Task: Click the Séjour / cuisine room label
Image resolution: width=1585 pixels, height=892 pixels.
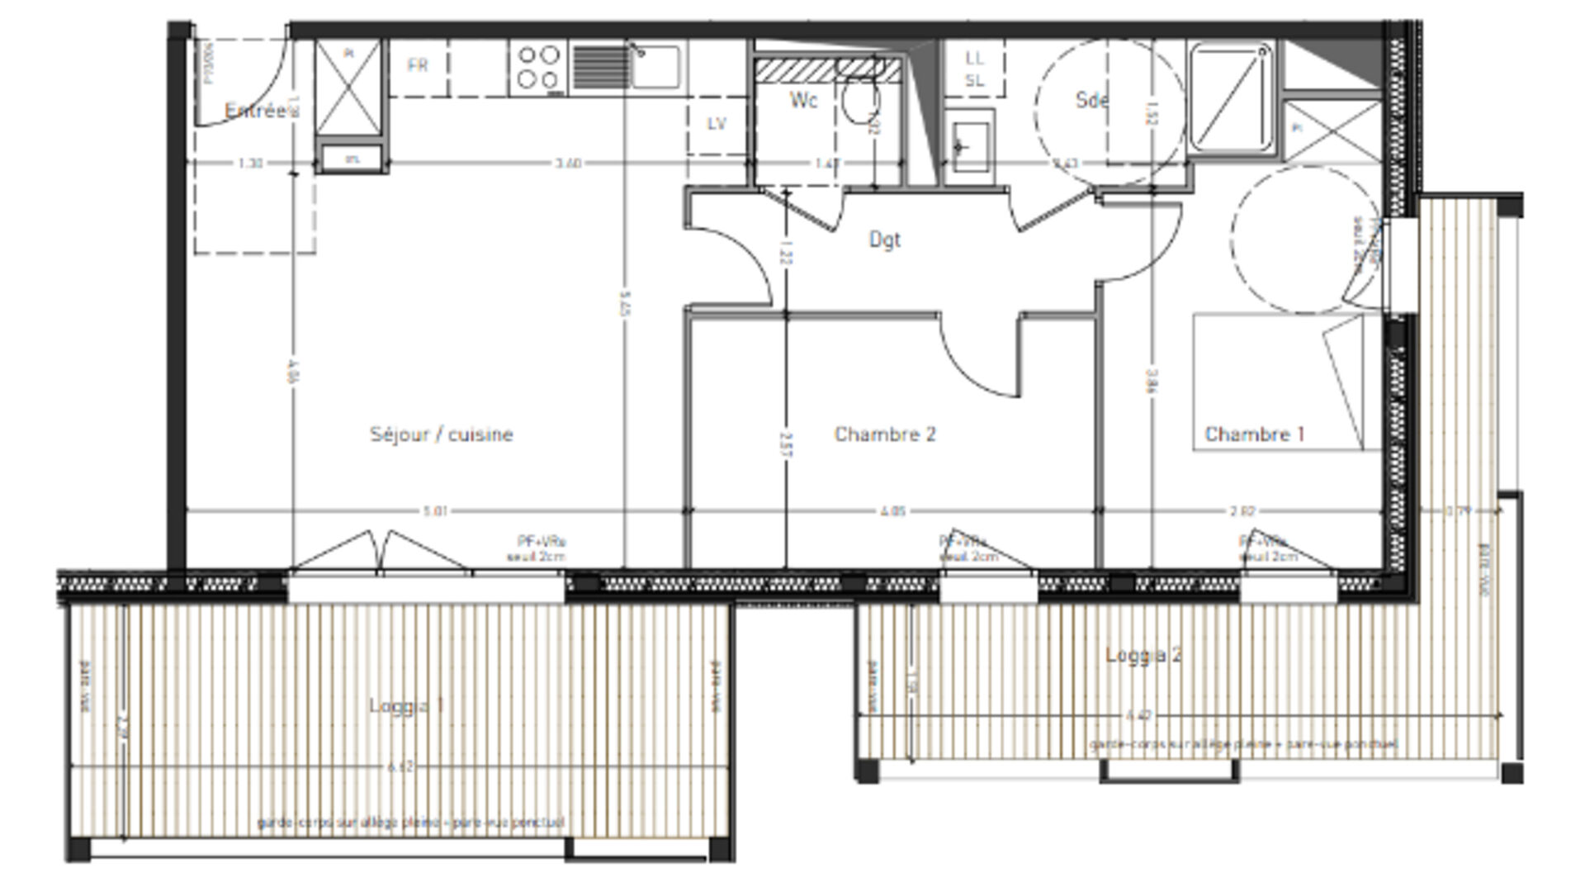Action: [x=441, y=434]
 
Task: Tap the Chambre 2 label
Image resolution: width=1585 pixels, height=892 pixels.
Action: [x=885, y=434]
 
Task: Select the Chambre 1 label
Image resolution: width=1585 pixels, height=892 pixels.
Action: [x=1255, y=434]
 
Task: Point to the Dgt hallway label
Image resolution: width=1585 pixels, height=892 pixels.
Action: [x=884, y=240]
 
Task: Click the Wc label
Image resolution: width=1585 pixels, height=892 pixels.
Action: [x=803, y=100]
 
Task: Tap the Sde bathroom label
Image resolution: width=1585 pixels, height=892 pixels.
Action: [x=1091, y=100]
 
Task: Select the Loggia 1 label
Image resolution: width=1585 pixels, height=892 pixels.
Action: [x=406, y=705]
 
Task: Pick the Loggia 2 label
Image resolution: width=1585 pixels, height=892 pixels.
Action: [x=1143, y=655]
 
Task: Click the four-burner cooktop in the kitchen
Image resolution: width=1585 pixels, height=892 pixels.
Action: [x=537, y=68]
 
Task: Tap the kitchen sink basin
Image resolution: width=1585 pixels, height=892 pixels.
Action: [x=657, y=66]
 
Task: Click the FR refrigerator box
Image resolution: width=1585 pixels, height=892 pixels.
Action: [x=419, y=66]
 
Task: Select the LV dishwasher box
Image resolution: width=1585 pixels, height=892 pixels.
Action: [x=717, y=124]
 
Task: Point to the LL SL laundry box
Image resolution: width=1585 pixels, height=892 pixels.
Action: [x=975, y=69]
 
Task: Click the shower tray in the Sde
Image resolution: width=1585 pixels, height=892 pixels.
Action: [x=1230, y=97]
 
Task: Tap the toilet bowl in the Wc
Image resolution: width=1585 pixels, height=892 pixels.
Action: [x=859, y=99]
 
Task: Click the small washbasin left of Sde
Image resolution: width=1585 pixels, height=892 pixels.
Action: [x=969, y=147]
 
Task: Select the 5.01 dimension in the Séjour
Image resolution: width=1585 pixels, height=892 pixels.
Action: [x=435, y=511]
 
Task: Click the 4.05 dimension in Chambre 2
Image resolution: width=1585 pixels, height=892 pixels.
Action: [x=892, y=511]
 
